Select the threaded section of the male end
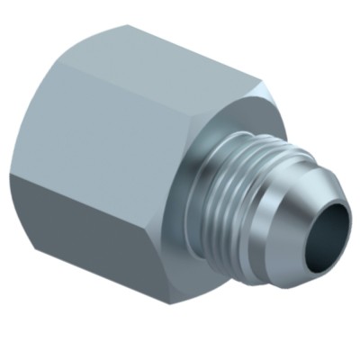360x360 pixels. (x=238, y=193)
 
